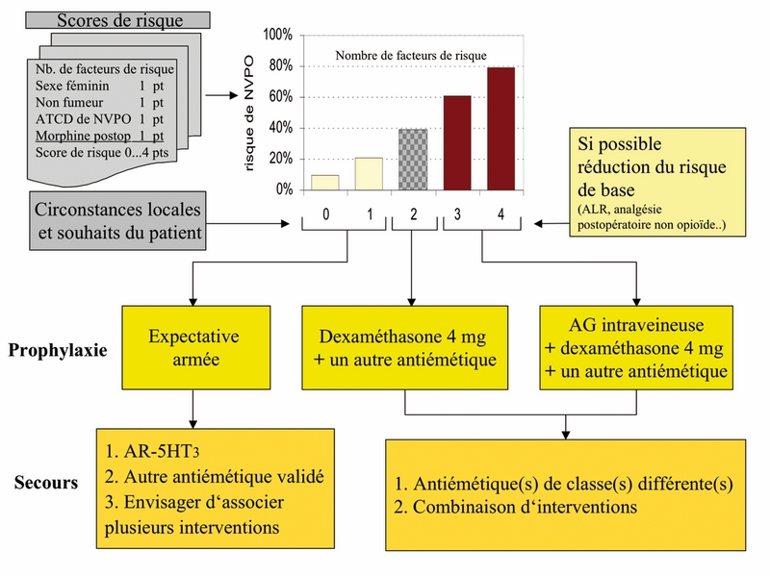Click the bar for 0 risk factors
(324, 182)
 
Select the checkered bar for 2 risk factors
(412, 159)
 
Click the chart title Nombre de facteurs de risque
(410, 56)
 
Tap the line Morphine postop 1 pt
(100, 136)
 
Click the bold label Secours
(45, 482)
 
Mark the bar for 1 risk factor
(368, 173)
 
